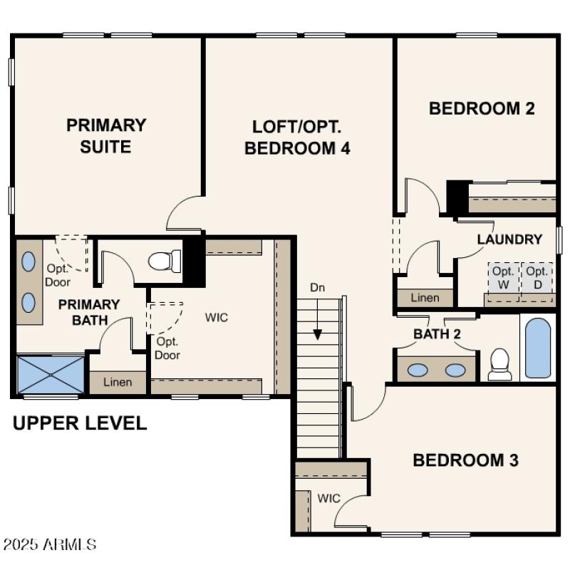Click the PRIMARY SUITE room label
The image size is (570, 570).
point(106,135)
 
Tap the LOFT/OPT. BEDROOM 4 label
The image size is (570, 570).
point(297,138)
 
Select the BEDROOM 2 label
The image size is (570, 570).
point(482,108)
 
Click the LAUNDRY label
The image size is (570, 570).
point(509,239)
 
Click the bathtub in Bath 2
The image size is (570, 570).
point(537,348)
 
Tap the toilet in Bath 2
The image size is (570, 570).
point(500,363)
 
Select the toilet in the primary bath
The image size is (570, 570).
point(165,261)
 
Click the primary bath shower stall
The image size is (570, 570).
point(50,374)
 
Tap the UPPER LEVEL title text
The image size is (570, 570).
point(80,423)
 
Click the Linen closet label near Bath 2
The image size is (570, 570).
point(425,298)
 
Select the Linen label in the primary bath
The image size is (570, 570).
point(118,383)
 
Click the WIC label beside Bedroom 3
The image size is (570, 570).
point(328,497)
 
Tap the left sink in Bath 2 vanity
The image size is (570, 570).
point(420,370)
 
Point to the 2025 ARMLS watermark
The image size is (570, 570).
point(49,545)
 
